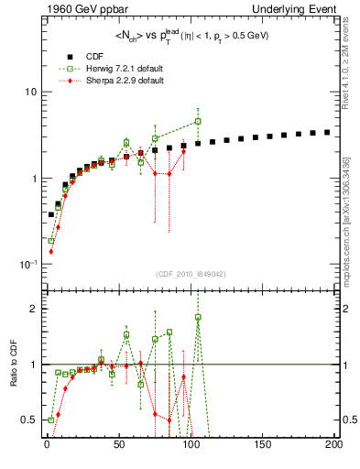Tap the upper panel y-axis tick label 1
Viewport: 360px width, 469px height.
32,179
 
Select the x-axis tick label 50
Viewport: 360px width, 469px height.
118,444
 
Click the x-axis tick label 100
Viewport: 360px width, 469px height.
190,444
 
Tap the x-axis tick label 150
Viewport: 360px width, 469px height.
262,444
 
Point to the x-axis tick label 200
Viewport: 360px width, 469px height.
332,444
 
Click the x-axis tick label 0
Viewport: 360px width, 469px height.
47,444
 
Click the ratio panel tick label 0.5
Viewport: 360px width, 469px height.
28,420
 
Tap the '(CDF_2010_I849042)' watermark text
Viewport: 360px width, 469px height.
190,274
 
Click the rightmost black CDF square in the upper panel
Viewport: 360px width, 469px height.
327,132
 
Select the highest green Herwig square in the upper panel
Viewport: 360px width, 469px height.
198,121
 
